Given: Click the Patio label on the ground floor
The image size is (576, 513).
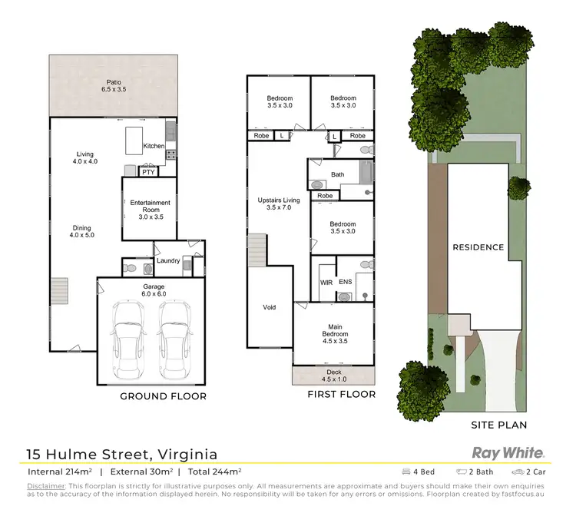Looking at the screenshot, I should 114,84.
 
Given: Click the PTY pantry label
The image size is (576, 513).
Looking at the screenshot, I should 147,172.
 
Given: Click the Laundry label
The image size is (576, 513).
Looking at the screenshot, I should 168,261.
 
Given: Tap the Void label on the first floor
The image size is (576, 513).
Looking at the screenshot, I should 269,307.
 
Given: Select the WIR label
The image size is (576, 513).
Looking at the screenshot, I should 325,283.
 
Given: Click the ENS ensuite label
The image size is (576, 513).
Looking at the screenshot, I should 346,283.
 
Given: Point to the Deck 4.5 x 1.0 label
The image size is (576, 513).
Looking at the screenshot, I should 334,376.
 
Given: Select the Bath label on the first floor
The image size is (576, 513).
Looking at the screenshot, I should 338,174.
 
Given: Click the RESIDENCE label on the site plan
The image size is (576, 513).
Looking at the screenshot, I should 478,247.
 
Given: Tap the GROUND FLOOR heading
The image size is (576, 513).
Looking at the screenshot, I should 163,397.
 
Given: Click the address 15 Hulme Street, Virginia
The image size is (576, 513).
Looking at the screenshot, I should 122,454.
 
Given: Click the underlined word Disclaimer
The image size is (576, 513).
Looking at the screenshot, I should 47,486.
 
